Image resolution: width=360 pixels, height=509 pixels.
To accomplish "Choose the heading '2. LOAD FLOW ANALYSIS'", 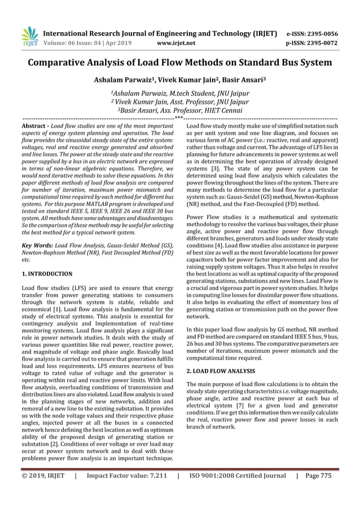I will [x=220, y=371].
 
